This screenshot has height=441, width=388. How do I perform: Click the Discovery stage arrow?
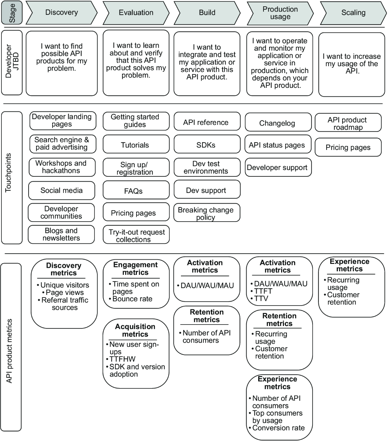[x=62, y=13]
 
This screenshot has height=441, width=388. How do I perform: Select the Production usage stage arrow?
[x=280, y=13]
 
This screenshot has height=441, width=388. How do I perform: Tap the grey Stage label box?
[x=12, y=13]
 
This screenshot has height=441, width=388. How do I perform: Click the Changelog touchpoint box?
[x=278, y=122]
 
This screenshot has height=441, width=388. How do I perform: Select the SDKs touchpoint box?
[x=207, y=144]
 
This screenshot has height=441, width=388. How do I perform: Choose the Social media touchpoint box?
[x=62, y=191]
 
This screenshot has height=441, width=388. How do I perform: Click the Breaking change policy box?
[x=207, y=213]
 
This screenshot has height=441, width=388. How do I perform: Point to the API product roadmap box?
[x=348, y=122]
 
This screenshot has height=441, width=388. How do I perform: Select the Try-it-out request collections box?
[x=136, y=235]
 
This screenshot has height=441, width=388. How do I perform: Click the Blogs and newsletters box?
[x=61, y=234]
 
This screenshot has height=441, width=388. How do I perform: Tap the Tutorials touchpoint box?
[x=136, y=144]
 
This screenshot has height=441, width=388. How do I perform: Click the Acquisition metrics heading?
[x=135, y=330]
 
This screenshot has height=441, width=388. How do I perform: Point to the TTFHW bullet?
[x=121, y=359]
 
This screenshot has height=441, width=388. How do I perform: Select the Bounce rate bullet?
[x=131, y=299]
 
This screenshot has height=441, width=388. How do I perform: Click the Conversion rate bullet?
[x=277, y=428]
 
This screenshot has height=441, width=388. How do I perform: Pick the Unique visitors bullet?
[x=63, y=285]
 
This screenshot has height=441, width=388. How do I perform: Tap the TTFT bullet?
[x=261, y=291]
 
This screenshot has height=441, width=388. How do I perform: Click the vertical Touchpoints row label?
[x=8, y=173]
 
